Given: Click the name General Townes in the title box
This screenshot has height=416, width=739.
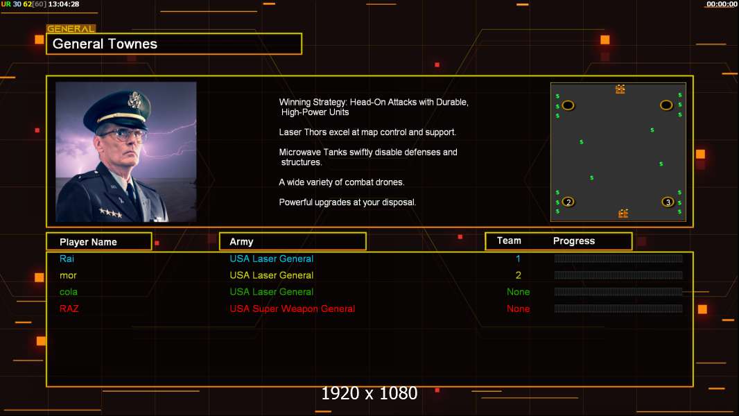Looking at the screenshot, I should (x=105, y=44).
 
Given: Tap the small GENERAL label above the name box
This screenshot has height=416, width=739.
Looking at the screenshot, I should (x=70, y=29).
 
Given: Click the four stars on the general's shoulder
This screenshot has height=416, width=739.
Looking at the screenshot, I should (x=110, y=213).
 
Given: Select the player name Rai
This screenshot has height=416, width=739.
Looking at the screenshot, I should (x=67, y=259).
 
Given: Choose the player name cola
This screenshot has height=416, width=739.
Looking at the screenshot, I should (x=69, y=292).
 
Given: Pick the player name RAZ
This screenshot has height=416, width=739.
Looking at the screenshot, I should (x=69, y=309).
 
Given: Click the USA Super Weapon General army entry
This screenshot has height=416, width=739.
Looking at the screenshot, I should (x=292, y=309).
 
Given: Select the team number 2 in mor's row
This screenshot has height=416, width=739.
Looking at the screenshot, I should (x=518, y=275).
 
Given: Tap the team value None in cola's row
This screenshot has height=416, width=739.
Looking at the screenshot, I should (x=518, y=292).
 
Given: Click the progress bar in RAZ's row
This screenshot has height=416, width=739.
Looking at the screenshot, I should (x=618, y=309).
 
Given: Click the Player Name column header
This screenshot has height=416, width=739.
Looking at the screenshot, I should (x=88, y=242).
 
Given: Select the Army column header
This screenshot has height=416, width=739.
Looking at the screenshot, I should (x=241, y=242).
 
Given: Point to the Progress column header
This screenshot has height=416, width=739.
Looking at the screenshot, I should (x=573, y=241).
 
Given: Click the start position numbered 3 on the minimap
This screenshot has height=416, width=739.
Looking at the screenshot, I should (x=668, y=202).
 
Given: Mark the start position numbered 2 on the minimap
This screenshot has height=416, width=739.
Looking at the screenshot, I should (x=568, y=202).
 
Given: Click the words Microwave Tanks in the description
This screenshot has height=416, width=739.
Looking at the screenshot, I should (x=311, y=152).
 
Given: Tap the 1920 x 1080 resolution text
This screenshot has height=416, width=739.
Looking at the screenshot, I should (x=369, y=393).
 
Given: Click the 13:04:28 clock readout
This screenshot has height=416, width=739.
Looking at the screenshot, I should (x=64, y=4).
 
